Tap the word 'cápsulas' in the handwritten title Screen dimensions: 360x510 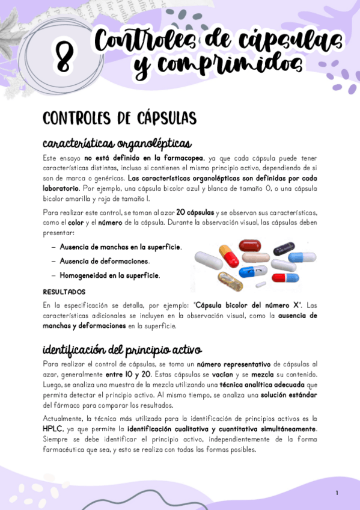(299, 41)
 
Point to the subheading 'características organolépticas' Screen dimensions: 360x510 (117, 144)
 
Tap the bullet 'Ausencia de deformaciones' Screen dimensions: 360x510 (105, 261)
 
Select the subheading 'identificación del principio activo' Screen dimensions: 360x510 (122, 349)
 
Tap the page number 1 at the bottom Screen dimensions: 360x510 (337, 493)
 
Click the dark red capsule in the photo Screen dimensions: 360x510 (249, 245)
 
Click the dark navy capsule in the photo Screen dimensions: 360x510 (284, 248)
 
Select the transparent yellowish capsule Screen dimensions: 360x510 (229, 280)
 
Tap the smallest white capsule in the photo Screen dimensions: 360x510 (261, 284)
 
